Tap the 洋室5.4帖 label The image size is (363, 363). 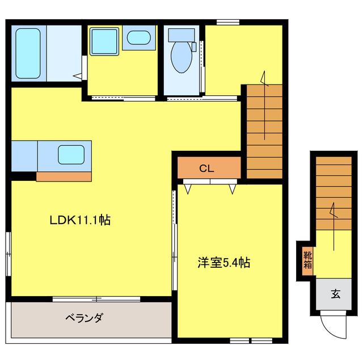click(x=224, y=263)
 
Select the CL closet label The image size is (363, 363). click(x=206, y=168)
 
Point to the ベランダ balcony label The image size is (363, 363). click(x=83, y=318)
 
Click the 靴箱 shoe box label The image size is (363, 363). click(x=307, y=259)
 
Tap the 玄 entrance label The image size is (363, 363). click(x=335, y=294)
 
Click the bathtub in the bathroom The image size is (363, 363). click(x=28, y=52)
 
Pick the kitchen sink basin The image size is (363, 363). click(x=71, y=154)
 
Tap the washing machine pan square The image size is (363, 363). click(x=104, y=40)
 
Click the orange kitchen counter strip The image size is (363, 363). click(x=64, y=176)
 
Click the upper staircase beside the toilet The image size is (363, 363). click(x=264, y=130)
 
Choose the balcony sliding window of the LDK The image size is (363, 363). click(x=96, y=298)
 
